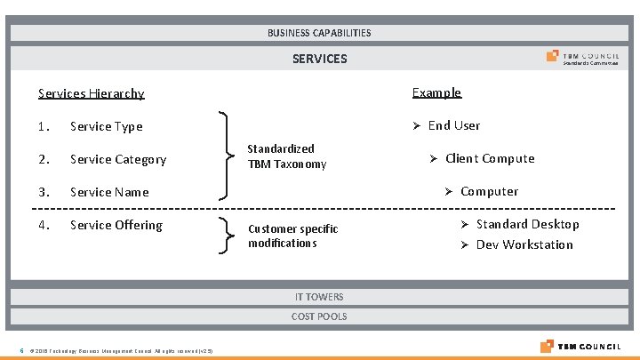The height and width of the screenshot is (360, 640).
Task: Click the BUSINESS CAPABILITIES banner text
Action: coord(319,33)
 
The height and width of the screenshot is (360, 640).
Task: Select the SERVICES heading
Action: coord(319,59)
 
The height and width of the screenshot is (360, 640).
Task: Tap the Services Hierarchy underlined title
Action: coord(91,93)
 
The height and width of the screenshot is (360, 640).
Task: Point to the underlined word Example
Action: coord(436,92)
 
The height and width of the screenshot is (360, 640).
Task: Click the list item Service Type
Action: coord(106,126)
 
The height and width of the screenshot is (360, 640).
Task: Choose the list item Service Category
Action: coord(118,159)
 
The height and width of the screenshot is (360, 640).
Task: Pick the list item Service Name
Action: coord(109,192)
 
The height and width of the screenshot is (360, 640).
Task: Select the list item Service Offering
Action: coord(116,225)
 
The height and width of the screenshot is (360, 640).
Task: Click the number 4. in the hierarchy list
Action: coord(44,225)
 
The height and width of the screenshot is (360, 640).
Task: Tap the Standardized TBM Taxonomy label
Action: coord(286,156)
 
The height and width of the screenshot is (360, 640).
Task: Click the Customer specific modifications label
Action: coord(292,236)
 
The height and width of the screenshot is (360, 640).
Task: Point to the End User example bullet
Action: coord(453,125)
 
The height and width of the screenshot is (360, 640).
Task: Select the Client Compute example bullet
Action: coord(489,158)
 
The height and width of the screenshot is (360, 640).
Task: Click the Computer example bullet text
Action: coord(489,191)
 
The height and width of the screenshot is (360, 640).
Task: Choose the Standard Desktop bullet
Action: coord(527,224)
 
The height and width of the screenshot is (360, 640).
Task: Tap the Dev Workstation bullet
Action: coord(524,244)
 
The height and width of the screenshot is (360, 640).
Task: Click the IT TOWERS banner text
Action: coord(319,297)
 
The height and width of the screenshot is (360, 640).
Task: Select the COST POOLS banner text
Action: coord(319,316)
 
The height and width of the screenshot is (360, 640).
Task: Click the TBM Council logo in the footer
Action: coord(583,346)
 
